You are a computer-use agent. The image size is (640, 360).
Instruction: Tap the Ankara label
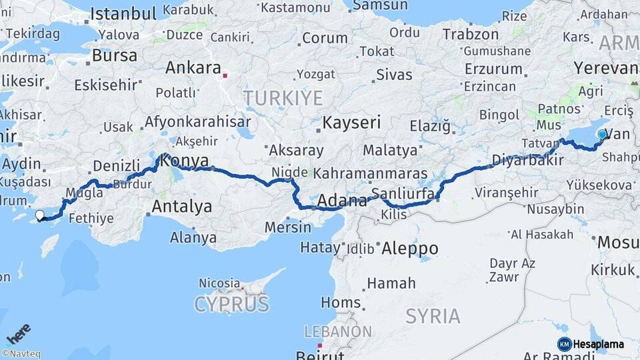click(193, 67)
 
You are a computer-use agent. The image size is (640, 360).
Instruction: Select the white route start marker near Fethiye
click(40, 215)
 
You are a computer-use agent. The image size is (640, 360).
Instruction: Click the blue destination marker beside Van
click(602, 135)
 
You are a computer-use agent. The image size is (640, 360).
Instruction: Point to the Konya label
click(185, 161)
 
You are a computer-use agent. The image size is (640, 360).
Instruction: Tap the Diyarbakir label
click(523, 159)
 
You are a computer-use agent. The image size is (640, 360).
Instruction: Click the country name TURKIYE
click(283, 99)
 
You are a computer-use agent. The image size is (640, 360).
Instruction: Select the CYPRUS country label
click(231, 305)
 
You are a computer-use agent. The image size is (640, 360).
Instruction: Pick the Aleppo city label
click(410, 249)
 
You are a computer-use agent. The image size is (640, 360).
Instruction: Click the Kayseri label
click(351, 123)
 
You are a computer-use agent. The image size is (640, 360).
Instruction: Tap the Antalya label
click(181, 207)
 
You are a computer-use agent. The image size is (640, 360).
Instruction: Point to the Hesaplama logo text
click(598, 344)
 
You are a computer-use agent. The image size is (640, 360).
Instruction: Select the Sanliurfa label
click(403, 193)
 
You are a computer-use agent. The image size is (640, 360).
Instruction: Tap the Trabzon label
click(470, 34)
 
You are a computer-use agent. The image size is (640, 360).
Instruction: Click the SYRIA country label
click(433, 315)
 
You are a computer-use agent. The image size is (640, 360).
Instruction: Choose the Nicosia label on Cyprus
click(219, 283)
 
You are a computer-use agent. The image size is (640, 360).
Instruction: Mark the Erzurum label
click(493, 69)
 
